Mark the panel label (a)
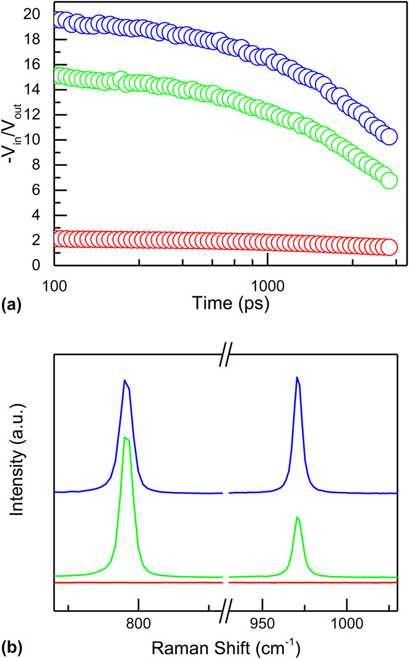point(12,304)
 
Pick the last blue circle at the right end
point(389,137)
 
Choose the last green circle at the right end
point(389,181)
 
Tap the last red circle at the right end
point(389,247)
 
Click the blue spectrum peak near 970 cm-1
point(297,377)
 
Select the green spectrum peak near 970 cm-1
point(298,517)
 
